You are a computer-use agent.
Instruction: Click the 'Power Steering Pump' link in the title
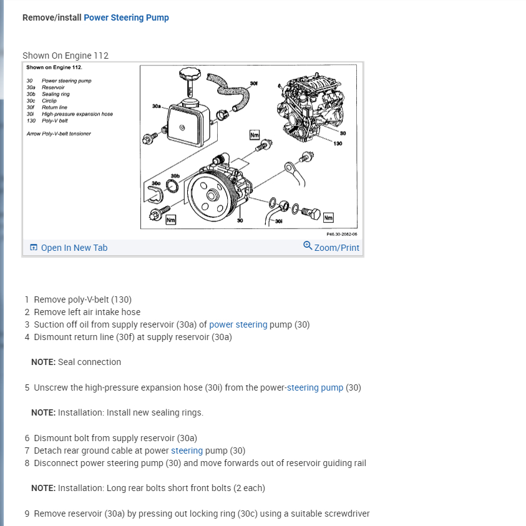[x=126, y=17]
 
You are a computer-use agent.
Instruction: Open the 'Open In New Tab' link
[x=74, y=248]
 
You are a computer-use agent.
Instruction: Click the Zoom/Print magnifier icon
[x=308, y=246]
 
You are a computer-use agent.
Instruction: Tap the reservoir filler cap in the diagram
[x=188, y=79]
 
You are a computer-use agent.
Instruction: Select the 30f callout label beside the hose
[x=252, y=82]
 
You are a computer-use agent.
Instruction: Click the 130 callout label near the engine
[x=338, y=144]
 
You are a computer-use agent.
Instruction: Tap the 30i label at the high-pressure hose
[x=278, y=222]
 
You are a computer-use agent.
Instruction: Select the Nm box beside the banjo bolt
[x=328, y=217]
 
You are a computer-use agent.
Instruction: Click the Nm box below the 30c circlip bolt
[x=170, y=220]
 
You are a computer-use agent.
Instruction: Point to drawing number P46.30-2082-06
[x=341, y=234]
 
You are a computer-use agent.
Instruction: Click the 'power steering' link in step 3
[x=238, y=324]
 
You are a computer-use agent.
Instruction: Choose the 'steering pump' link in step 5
[x=314, y=387]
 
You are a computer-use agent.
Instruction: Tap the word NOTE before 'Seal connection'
[x=44, y=362]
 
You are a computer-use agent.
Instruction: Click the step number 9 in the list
[x=27, y=514]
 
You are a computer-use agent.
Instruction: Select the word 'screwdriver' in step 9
[x=346, y=514]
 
